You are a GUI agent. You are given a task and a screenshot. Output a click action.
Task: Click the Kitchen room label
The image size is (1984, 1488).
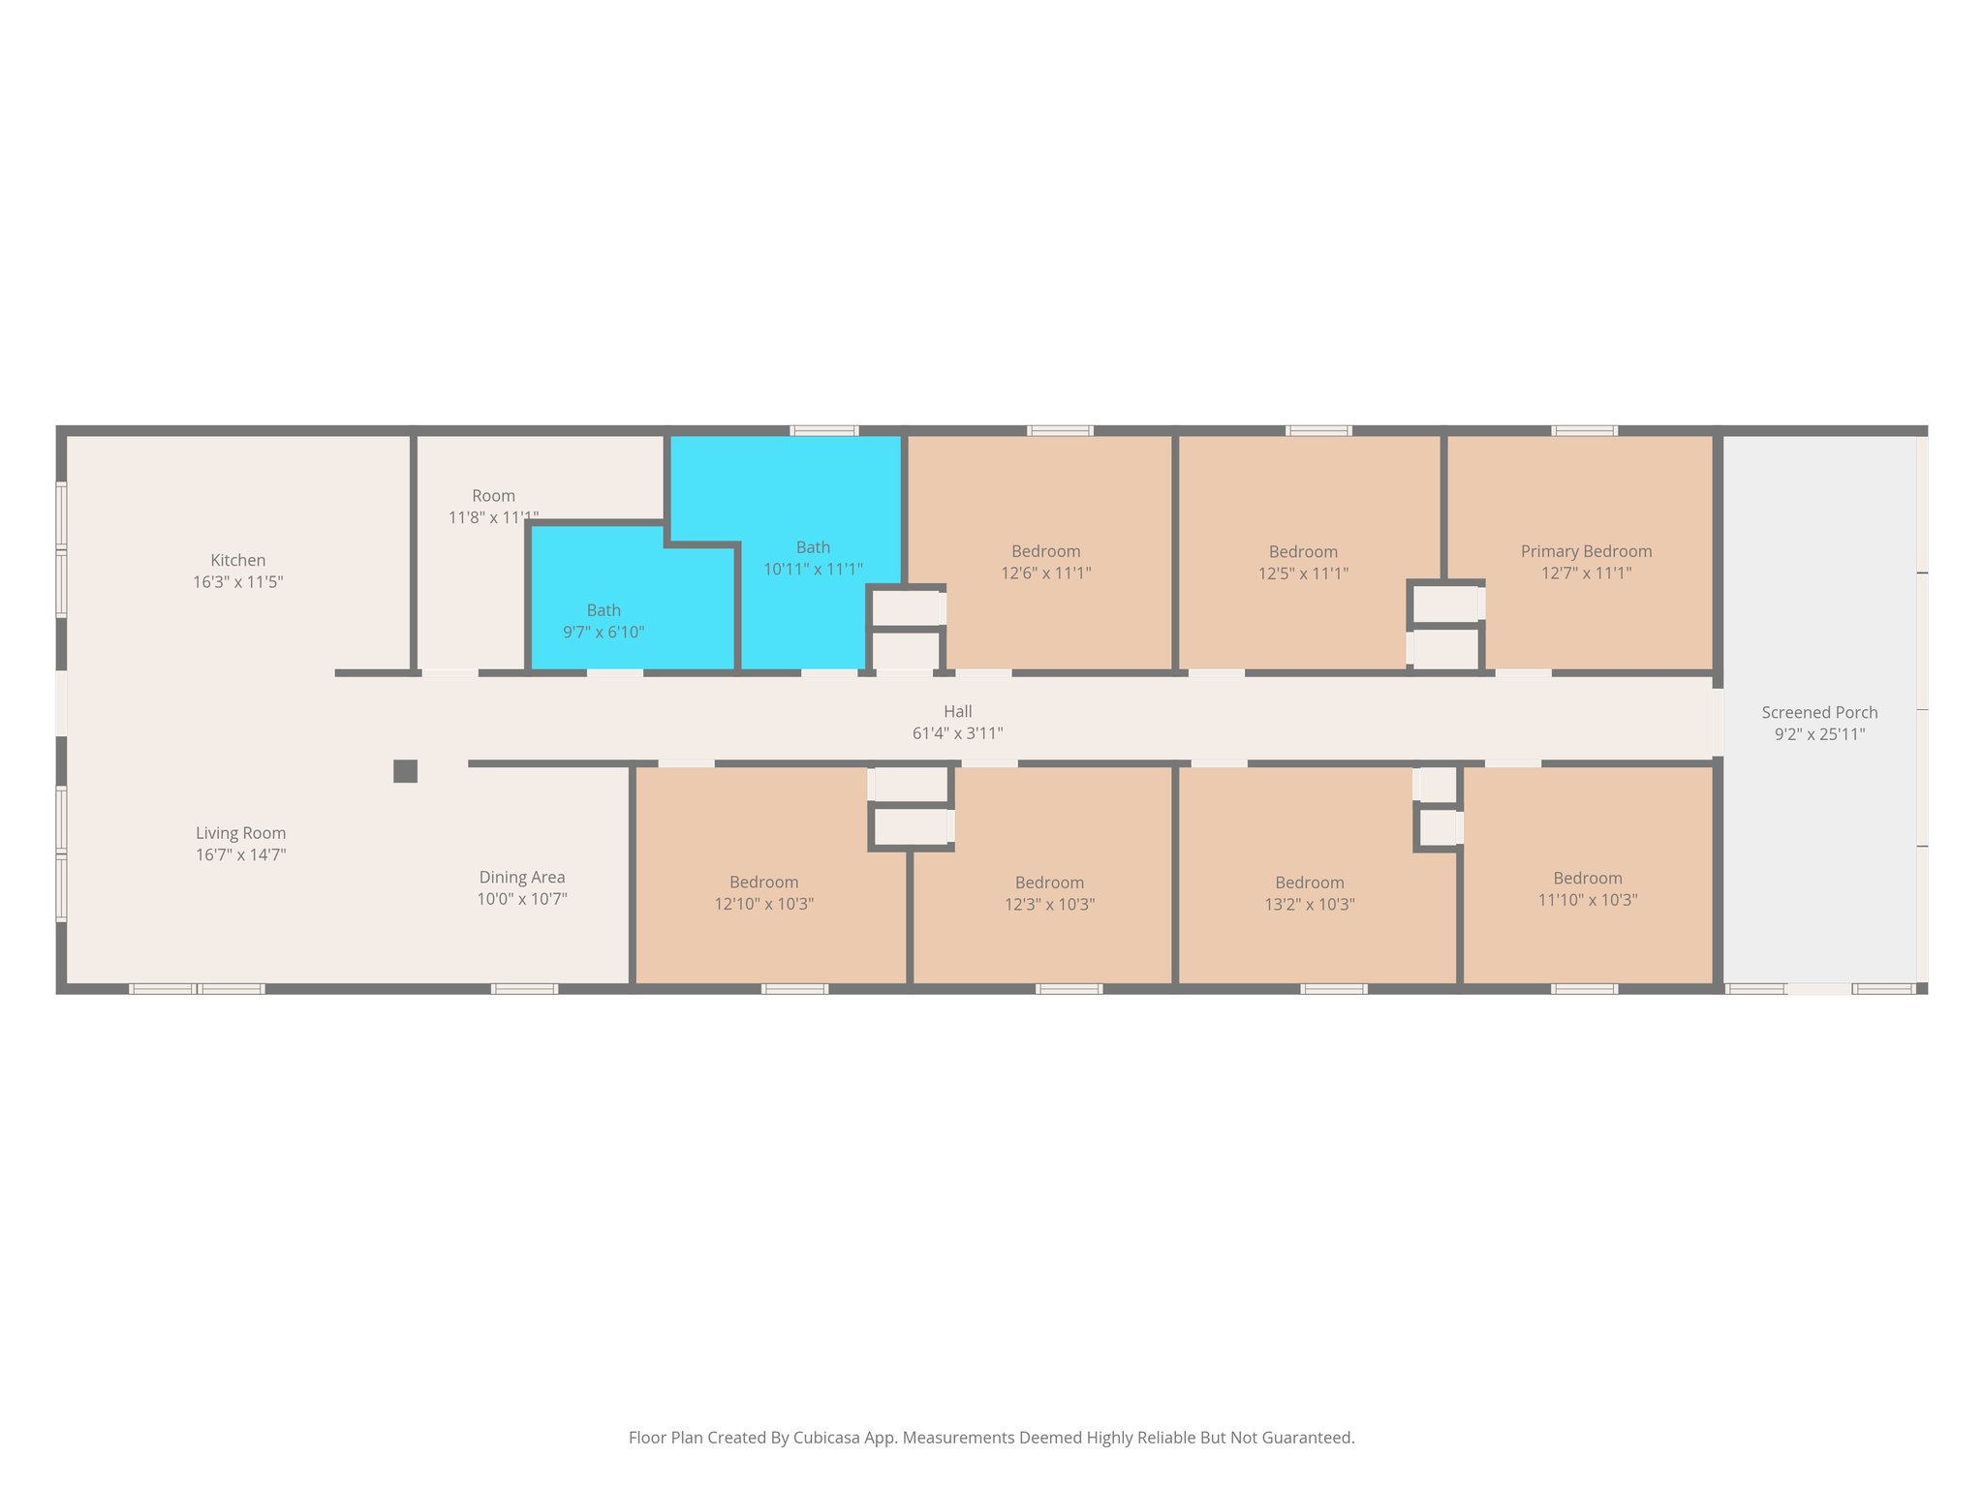237,560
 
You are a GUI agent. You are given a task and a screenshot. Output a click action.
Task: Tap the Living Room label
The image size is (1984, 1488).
240,833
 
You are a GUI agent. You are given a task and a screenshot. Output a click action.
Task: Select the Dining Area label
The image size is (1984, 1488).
521,878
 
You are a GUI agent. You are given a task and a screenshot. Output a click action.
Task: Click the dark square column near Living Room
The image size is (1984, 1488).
405,771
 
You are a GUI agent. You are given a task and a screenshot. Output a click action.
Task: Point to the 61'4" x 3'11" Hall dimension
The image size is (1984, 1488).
957,733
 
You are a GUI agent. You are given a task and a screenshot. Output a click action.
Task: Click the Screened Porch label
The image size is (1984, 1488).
1818,713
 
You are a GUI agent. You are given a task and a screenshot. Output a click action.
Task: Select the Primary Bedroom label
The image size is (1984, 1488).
1586,551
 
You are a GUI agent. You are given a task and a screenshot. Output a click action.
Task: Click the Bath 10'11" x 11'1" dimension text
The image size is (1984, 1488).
813,570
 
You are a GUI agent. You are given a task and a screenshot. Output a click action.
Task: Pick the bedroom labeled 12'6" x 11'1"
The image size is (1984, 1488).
1045,562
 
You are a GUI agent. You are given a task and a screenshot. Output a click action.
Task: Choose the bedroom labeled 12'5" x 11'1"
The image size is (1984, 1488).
1303,562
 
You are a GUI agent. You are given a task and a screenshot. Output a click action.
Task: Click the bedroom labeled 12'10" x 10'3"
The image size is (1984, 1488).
763,892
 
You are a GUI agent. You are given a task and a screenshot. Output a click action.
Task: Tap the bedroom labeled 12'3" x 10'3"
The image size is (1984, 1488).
1049,893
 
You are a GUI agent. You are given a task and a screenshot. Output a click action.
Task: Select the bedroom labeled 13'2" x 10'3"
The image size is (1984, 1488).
1309,893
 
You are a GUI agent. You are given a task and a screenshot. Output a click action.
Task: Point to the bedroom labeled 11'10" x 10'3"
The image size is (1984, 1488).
1587,888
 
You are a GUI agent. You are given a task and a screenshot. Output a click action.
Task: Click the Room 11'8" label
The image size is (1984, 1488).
493,496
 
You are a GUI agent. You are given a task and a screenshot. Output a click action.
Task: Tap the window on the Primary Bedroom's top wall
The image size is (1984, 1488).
1584,430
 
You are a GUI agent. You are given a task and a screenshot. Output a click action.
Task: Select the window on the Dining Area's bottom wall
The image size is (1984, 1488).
524,989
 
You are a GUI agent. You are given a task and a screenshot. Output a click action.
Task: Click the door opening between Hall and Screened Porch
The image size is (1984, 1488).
1718,722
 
